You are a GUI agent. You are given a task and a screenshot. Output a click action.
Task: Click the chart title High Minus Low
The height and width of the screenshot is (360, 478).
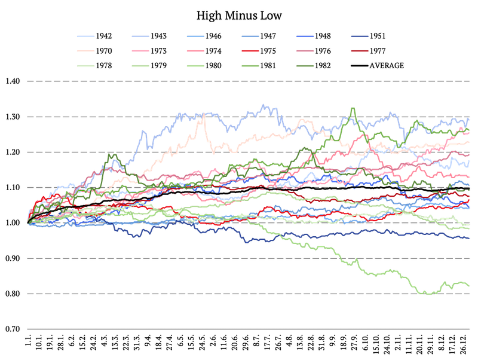click(239, 16)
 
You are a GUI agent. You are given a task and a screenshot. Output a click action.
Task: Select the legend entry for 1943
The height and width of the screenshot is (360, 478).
click(149, 36)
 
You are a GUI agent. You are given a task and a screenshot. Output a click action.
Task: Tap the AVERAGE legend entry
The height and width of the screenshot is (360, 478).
click(378, 66)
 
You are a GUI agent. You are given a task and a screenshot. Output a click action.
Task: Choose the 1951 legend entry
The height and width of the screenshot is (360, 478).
click(368, 36)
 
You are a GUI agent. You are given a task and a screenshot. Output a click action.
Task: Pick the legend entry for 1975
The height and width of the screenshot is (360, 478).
click(259, 51)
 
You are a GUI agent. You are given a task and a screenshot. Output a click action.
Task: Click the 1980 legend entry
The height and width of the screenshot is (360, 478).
click(204, 66)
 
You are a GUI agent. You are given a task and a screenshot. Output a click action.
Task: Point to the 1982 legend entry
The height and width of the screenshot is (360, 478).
click(314, 66)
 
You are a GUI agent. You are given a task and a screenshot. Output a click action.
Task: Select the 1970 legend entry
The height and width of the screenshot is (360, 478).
click(94, 51)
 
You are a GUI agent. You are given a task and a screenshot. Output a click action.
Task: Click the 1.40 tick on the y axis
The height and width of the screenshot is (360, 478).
click(13, 81)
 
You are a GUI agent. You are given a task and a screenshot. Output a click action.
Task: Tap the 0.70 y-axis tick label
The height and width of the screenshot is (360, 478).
click(13, 329)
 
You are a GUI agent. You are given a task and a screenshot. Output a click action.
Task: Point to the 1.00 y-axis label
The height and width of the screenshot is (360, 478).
click(13, 223)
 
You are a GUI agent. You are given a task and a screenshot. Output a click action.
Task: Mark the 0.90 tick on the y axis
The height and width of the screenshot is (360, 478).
click(13, 258)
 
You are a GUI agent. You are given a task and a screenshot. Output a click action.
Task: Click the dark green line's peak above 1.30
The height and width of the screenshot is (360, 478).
click(353, 108)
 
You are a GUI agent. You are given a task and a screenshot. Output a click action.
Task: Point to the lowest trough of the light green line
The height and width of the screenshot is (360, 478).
click(429, 294)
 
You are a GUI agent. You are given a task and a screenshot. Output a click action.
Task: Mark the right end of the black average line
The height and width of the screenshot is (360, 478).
click(469, 188)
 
